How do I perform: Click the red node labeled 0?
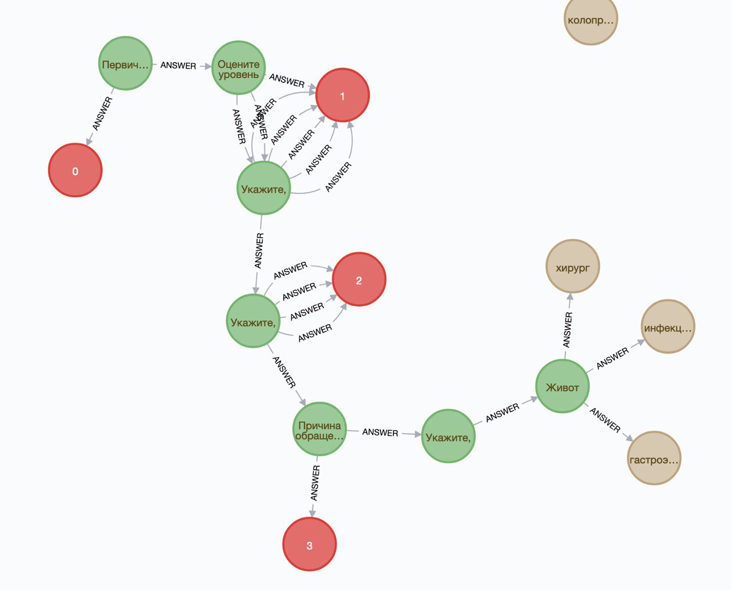[75, 171]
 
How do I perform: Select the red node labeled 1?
[343, 95]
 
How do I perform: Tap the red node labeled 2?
[359, 280]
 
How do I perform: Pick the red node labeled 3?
[310, 544]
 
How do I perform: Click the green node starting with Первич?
[125, 64]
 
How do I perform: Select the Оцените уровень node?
[239, 68]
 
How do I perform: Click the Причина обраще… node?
[319, 430]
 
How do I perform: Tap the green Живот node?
[563, 387]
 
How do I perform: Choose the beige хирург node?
[572, 266]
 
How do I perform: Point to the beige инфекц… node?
[668, 327]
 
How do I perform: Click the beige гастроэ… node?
[654, 458]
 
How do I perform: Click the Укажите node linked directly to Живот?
[448, 437]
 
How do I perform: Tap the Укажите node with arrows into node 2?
[253, 321]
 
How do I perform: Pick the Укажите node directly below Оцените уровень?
[263, 188]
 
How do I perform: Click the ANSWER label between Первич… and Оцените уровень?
[178, 66]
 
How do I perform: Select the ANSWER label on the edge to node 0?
[103, 114]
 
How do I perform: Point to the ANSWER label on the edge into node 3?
[315, 482]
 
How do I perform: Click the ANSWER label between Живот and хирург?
[567, 330]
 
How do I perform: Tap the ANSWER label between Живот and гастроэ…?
[605, 419]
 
